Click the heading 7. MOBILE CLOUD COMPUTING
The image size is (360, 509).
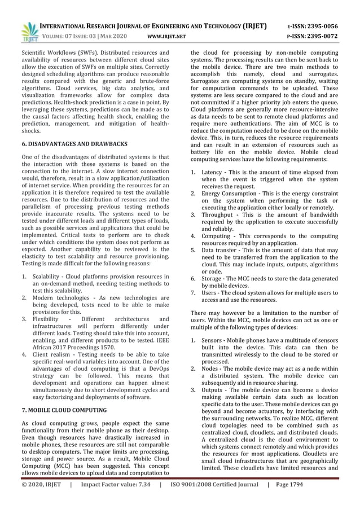point(64,409)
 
